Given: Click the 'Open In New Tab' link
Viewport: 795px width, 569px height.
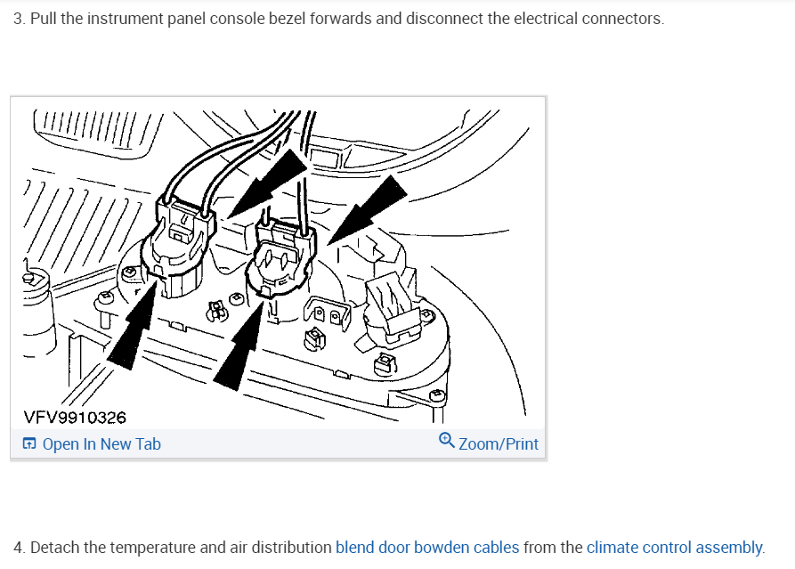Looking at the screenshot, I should point(101,443).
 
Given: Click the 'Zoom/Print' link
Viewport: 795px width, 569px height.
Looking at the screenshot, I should point(498,443).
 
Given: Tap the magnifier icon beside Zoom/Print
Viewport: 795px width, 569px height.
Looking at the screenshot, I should point(447,441).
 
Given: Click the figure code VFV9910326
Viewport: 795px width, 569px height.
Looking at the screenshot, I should point(75,417).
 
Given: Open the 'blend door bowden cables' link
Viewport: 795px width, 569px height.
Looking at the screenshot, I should point(426,547).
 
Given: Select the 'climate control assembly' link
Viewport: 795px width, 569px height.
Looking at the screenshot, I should point(674,547).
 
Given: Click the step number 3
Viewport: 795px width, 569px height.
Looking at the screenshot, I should point(19,19).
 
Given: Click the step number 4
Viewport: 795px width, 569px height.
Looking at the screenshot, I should point(19,547).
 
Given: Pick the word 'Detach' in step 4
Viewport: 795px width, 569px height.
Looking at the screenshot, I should point(54,547).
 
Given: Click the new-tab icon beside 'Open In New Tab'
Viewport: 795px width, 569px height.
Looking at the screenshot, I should point(29,443).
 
